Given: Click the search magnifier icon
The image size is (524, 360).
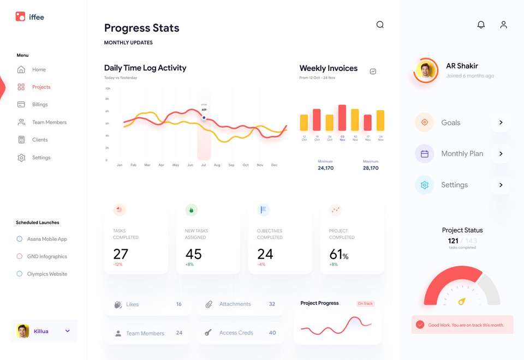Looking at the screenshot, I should [380, 25].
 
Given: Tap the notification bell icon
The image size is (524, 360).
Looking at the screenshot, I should [481, 25].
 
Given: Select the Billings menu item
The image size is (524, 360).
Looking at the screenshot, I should [39, 105].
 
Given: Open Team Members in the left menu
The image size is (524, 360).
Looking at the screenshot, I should [49, 122].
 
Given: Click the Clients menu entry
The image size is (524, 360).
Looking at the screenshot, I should [39, 140].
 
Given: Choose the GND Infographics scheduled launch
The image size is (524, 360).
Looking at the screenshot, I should [46, 256].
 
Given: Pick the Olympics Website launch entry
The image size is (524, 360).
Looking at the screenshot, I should [46, 274].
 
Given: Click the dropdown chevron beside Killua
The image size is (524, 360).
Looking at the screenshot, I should [68, 331].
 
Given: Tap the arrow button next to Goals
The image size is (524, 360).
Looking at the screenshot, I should [501, 123].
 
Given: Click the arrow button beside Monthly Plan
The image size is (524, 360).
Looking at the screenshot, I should [501, 154].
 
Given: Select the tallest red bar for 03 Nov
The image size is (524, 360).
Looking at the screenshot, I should [342, 118].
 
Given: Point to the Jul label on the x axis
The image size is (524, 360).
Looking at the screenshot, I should [204, 165].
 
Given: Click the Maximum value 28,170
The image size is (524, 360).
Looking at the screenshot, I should [371, 168].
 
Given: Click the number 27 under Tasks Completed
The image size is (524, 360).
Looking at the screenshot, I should [121, 254].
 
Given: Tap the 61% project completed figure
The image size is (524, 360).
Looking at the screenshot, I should [338, 254].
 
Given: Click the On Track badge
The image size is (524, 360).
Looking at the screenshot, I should [365, 303].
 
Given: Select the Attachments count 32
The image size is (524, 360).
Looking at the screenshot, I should [272, 304].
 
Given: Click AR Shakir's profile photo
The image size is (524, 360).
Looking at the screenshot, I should [426, 70].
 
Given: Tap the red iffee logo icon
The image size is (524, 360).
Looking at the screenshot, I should [20, 17].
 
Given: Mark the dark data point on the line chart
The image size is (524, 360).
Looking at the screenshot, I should [204, 117].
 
